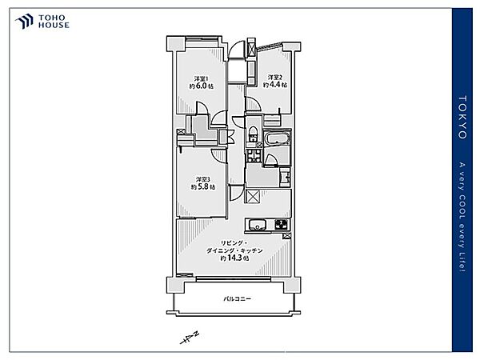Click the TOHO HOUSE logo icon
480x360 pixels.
(x=24, y=21)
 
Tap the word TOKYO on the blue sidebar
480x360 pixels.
(x=462, y=118)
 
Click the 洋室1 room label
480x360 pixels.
(x=202, y=78)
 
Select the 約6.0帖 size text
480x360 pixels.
(x=201, y=86)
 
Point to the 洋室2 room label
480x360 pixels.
(x=275, y=77)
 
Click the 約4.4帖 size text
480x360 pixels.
(x=275, y=85)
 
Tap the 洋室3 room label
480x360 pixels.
(x=203, y=179)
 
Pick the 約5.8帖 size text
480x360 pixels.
(x=202, y=186)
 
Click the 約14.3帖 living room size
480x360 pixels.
(x=234, y=258)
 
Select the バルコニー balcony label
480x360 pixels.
(x=237, y=298)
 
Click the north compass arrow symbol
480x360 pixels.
(x=190, y=338)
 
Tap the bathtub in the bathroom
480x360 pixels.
(x=278, y=138)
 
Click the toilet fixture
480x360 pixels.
(x=253, y=134)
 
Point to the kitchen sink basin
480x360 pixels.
(x=258, y=226)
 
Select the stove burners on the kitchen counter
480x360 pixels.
(x=282, y=225)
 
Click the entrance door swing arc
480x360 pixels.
(x=237, y=48)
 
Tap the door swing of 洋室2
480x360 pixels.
(x=253, y=104)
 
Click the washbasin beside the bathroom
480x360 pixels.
(x=285, y=177)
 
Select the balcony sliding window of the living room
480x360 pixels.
(x=234, y=278)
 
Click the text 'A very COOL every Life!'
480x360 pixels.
(x=462, y=217)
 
